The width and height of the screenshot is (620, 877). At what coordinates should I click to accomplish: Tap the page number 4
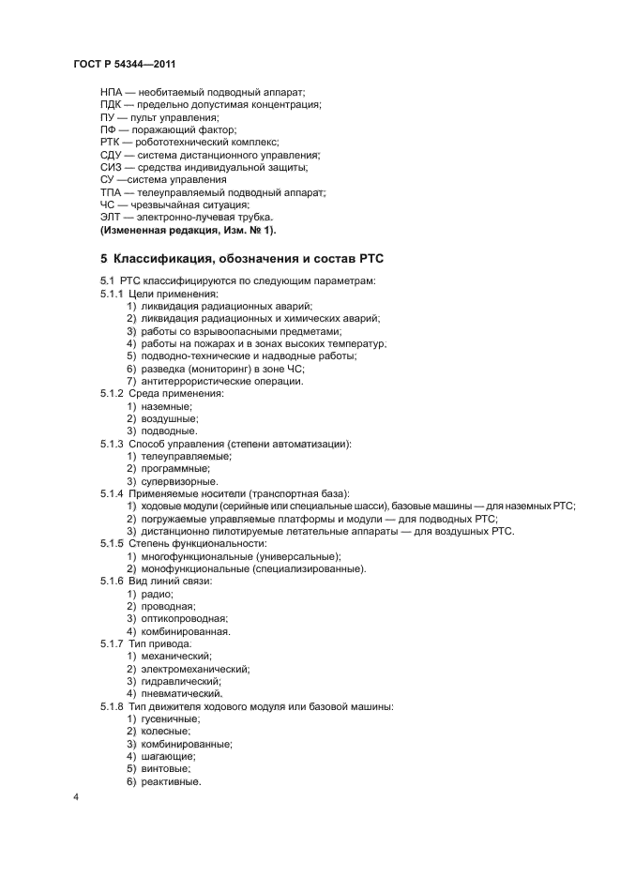(x=76, y=797)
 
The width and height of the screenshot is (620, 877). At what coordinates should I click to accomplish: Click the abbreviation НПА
(x=113, y=93)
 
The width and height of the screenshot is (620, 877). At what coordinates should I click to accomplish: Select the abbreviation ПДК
(x=113, y=105)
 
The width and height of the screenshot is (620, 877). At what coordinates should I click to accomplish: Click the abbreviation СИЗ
(x=112, y=167)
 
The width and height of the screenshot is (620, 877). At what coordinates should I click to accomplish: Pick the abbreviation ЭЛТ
(x=112, y=217)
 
